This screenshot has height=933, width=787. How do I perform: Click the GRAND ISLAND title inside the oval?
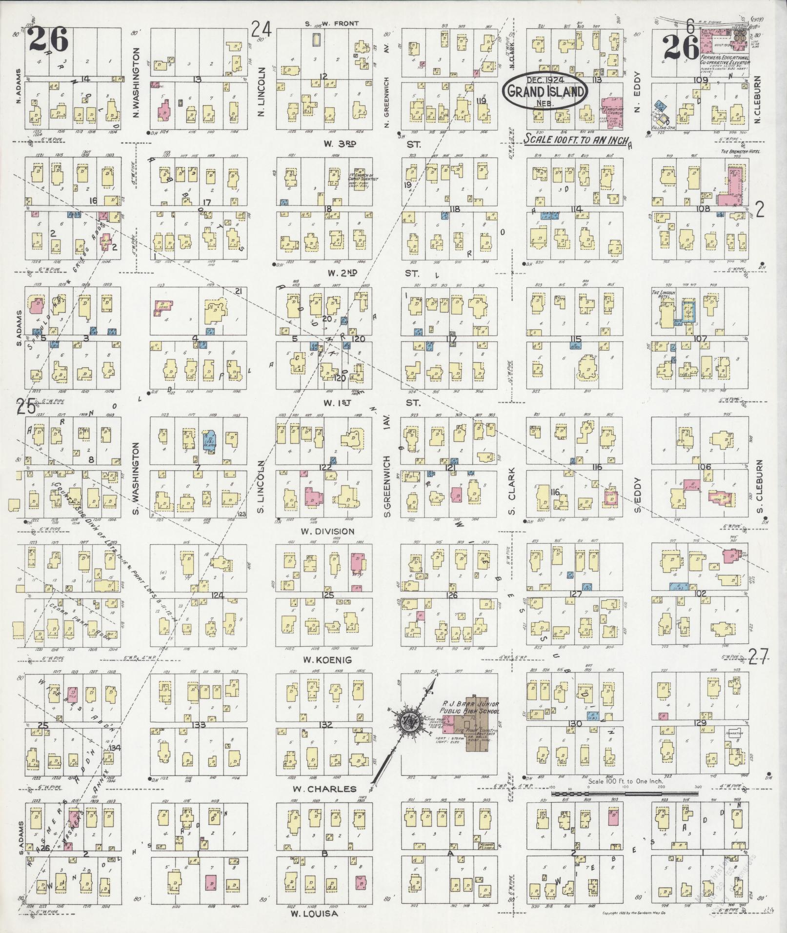click(545, 91)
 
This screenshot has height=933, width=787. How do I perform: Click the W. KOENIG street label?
click(320, 660)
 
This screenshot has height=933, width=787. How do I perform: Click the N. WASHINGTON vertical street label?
click(136, 83)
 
